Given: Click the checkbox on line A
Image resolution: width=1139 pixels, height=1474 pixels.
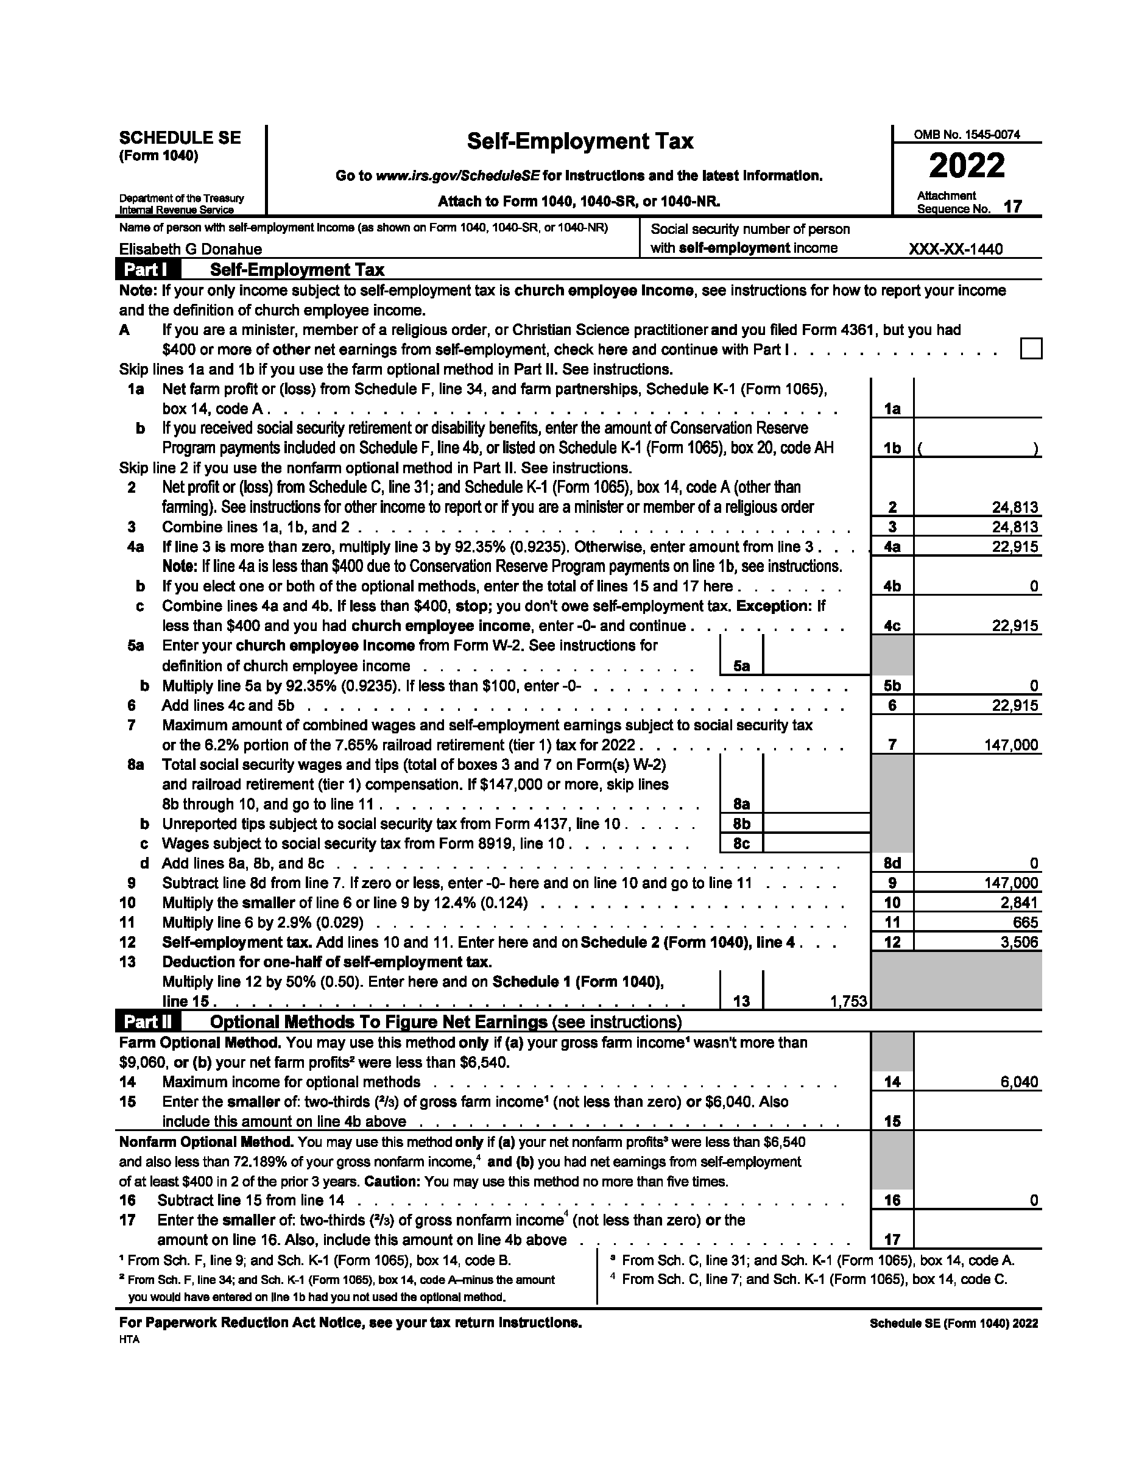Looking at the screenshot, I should (x=1031, y=349).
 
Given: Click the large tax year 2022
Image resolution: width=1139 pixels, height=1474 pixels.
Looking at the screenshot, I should (x=966, y=166).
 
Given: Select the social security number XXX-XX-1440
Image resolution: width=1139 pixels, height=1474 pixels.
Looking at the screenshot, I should (x=956, y=249).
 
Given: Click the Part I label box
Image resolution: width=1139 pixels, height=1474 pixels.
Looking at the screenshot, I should (x=148, y=270).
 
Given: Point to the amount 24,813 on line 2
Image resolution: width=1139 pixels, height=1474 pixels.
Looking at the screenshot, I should (x=1015, y=507).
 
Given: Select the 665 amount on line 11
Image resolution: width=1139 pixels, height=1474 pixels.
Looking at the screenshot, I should (x=1026, y=922).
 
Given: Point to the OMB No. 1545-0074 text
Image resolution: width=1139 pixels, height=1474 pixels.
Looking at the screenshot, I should (x=966, y=135).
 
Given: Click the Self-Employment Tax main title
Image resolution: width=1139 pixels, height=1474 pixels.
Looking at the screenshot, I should (x=580, y=141).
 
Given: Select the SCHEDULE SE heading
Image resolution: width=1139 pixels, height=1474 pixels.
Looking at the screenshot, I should (x=180, y=138).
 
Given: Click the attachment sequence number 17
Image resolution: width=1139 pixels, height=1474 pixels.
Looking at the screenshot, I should (x=1012, y=206).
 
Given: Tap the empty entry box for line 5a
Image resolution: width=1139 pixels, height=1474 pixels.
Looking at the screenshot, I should (x=816, y=655).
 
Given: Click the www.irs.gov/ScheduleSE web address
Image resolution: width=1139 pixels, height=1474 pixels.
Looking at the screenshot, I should (x=457, y=176).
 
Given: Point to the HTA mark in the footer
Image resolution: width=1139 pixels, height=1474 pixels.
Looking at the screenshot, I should (x=130, y=1339).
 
